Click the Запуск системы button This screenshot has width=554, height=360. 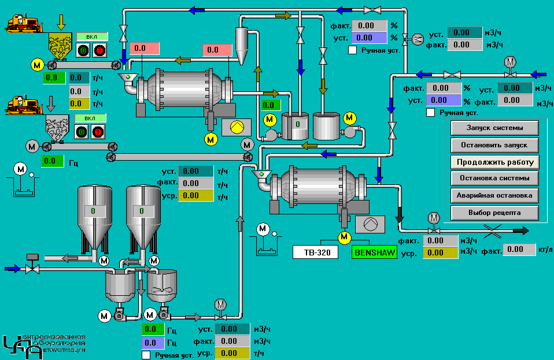tap(494, 127)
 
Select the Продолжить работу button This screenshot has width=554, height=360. tap(494, 162)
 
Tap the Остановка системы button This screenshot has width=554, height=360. tap(494, 178)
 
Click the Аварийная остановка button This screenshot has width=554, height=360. tap(494, 195)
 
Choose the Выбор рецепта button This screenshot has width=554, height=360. tap(494, 213)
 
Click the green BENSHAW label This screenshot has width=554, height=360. tap(374, 253)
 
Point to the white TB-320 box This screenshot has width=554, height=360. tap(315, 253)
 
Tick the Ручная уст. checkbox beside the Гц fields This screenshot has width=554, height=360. tap(146, 355)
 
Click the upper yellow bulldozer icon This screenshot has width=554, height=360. tap(24, 24)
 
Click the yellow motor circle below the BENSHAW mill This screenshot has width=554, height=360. tap(345, 236)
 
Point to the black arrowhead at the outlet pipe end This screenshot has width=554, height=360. tap(524, 231)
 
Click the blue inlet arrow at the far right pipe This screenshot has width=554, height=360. tap(538, 74)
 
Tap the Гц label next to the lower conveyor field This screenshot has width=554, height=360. tap(73, 162)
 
